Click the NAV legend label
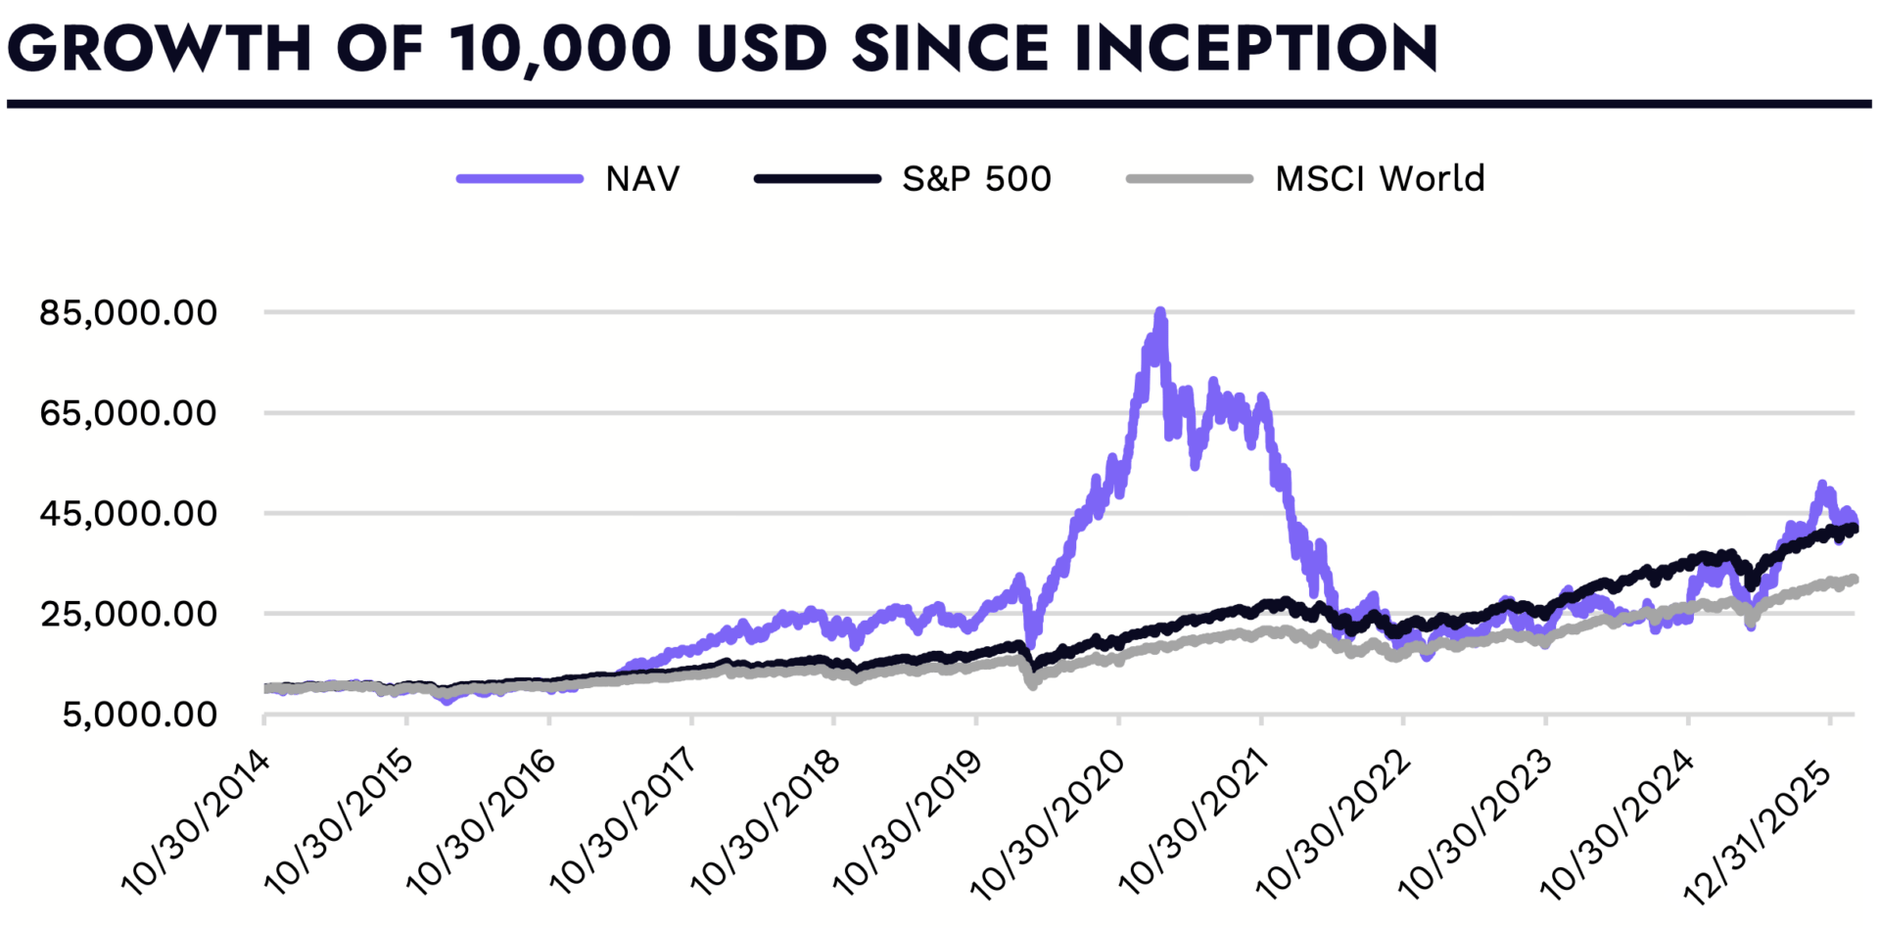(642, 179)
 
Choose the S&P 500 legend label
(976, 179)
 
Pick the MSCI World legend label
(1379, 179)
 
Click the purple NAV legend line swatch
(520, 179)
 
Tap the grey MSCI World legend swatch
(1189, 179)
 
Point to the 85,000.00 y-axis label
(128, 313)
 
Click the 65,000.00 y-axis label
(128, 413)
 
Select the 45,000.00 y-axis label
(128, 514)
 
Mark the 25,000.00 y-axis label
(128, 615)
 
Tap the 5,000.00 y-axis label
(140, 715)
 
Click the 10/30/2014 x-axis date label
(196, 822)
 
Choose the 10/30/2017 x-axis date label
(624, 822)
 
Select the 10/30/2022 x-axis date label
(1334, 822)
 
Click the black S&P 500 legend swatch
(817, 179)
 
